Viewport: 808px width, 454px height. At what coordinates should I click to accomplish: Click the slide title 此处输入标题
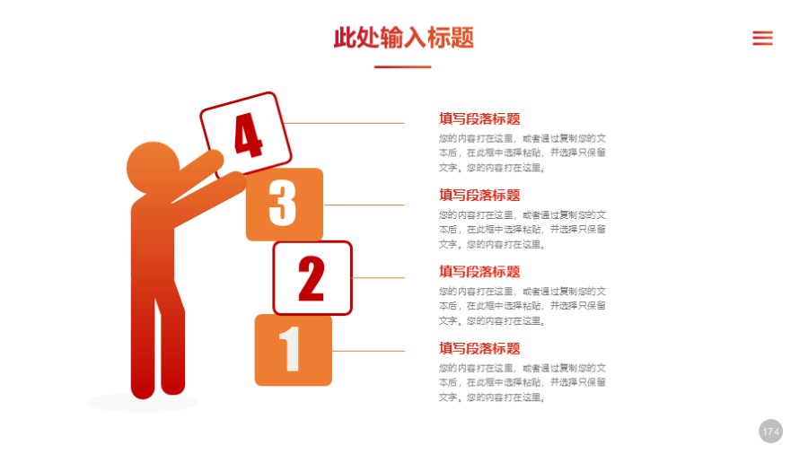[x=403, y=38]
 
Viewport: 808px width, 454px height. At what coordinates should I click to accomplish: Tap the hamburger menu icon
[x=762, y=38]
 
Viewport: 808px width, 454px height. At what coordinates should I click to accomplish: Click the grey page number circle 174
[x=770, y=432]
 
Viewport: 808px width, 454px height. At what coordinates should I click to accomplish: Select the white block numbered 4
[x=248, y=135]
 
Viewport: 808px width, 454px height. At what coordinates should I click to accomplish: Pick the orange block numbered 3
[x=284, y=204]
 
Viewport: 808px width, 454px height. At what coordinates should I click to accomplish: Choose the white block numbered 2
[x=312, y=278]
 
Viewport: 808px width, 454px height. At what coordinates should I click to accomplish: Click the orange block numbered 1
[x=293, y=350]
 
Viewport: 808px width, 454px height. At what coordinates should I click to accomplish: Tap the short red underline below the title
[x=402, y=67]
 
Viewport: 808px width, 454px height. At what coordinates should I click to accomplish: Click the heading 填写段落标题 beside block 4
[x=479, y=118]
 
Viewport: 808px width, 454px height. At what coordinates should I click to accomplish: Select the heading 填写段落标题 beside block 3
[x=479, y=195]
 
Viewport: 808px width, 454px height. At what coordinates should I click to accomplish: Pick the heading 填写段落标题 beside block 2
[x=479, y=271]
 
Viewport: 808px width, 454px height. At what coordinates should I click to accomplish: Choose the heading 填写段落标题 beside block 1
[x=479, y=348]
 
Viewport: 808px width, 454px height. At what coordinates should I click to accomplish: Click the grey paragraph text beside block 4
[x=522, y=153]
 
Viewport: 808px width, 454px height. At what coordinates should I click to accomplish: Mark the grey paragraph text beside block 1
[x=522, y=382]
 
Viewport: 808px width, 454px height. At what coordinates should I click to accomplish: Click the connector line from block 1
[x=368, y=351]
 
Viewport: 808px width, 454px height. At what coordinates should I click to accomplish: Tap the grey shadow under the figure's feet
[x=143, y=403]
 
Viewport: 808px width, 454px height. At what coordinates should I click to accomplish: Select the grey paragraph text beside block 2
[x=522, y=306]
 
